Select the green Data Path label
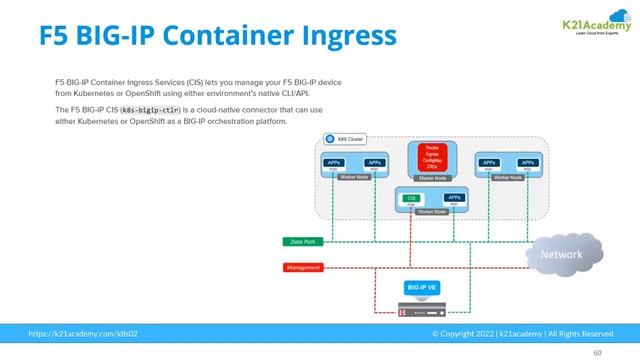point(303,242)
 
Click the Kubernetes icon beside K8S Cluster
point(330,138)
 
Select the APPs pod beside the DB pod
point(454,199)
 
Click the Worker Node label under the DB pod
point(432,213)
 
